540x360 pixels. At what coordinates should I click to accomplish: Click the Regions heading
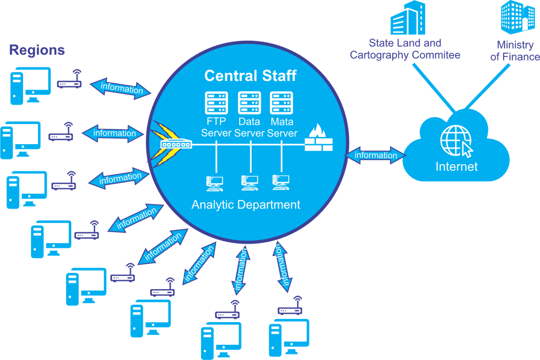tap(37, 50)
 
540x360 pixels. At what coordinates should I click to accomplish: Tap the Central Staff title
tap(250, 76)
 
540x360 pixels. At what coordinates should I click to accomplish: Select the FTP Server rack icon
tap(217, 102)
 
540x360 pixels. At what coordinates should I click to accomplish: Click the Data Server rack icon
tap(249, 102)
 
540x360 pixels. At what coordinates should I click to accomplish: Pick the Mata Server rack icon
tap(281, 102)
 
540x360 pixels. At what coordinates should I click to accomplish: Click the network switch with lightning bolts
tap(176, 144)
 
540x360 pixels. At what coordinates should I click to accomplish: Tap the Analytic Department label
tap(246, 205)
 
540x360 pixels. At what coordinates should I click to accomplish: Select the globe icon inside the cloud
tap(455, 139)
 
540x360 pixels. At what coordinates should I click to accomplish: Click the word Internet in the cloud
tap(456, 167)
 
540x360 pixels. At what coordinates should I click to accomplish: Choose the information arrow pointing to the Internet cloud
tap(375, 155)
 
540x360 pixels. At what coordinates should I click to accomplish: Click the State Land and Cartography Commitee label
tap(405, 49)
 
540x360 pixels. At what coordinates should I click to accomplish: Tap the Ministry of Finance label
tap(515, 51)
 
